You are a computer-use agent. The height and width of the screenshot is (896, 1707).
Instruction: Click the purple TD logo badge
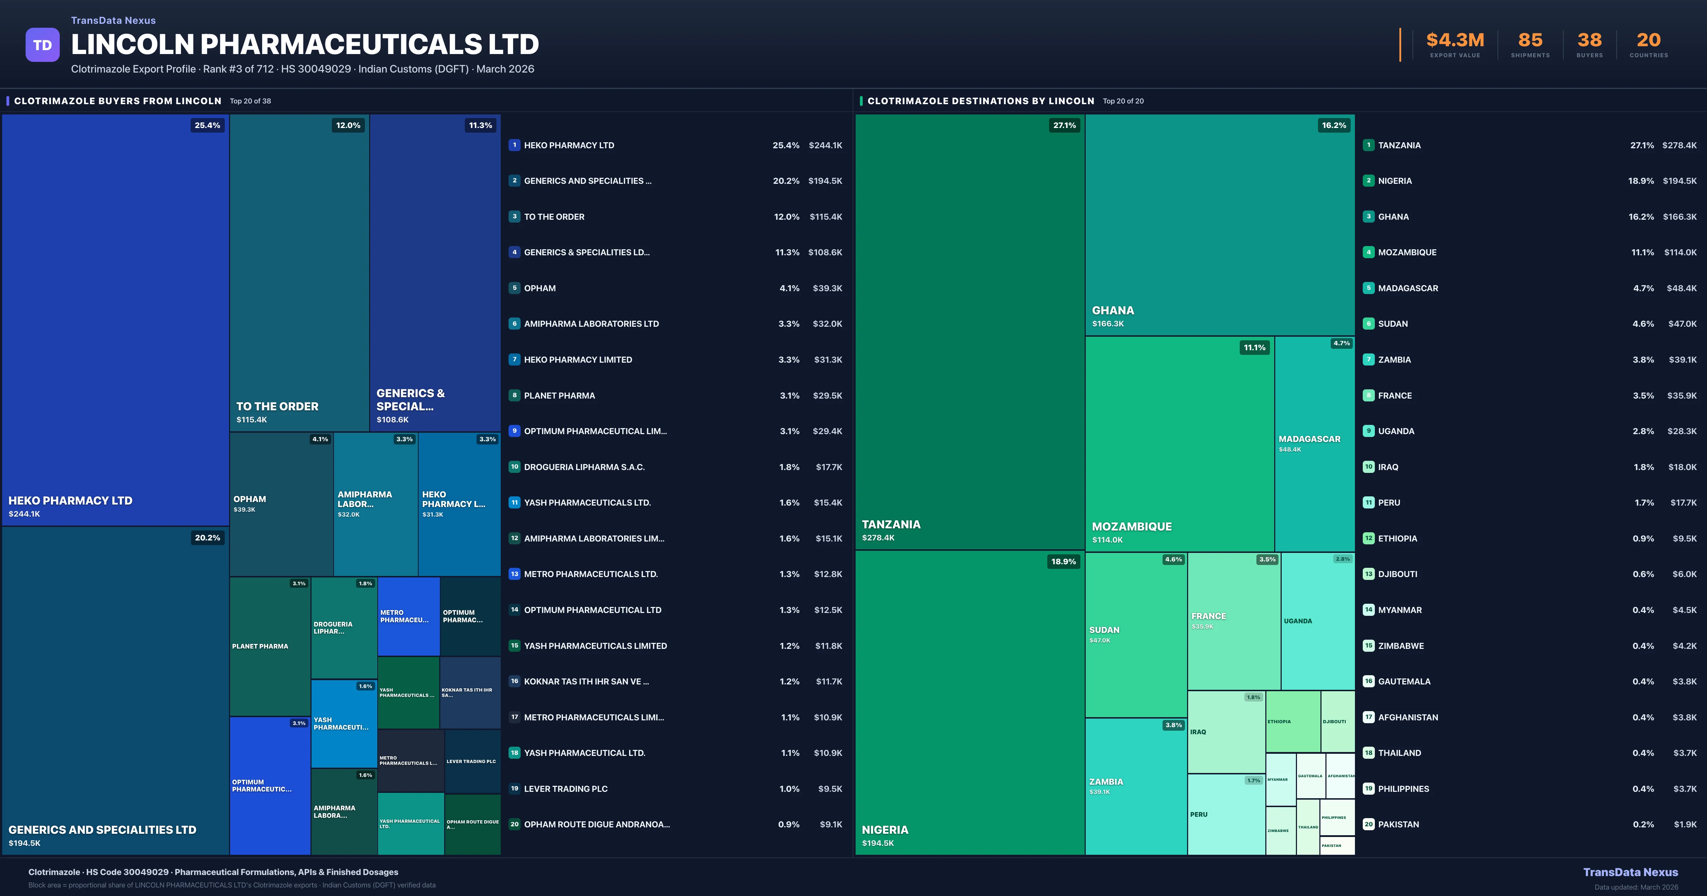click(42, 45)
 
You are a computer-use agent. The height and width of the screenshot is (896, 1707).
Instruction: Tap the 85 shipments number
click(1530, 41)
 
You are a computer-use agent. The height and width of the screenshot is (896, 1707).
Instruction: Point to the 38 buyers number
click(1589, 41)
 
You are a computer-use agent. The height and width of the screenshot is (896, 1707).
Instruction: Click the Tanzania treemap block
click(969, 331)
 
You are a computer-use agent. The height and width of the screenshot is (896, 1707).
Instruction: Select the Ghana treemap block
click(1219, 225)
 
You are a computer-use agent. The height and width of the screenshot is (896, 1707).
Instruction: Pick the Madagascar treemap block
click(1315, 444)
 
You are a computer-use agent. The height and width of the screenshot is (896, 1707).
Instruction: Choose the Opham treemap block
click(281, 504)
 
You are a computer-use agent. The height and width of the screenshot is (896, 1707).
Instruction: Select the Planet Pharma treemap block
click(270, 646)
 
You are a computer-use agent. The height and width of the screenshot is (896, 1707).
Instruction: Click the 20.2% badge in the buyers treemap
click(207, 538)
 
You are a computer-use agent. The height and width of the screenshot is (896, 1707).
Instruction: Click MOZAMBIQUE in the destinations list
click(1407, 252)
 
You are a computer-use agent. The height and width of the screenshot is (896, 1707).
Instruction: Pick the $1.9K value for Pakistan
click(1685, 825)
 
